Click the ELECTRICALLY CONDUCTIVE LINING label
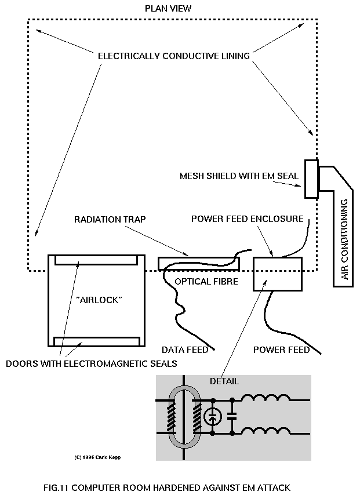pyautogui.click(x=174, y=56)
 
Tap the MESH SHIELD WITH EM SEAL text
pyautogui.click(x=239, y=176)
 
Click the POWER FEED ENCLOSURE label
pyautogui.click(x=248, y=219)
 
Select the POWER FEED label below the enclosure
pyautogui.click(x=282, y=349)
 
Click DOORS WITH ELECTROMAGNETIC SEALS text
pyautogui.click(x=92, y=363)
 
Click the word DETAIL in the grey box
pyautogui.click(x=224, y=381)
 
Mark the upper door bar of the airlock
pyautogui.click(x=96, y=259)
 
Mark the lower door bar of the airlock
pyautogui.click(x=96, y=340)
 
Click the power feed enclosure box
pyautogui.click(x=278, y=274)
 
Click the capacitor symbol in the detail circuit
pyautogui.click(x=232, y=416)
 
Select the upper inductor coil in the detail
pyautogui.click(x=266, y=399)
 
